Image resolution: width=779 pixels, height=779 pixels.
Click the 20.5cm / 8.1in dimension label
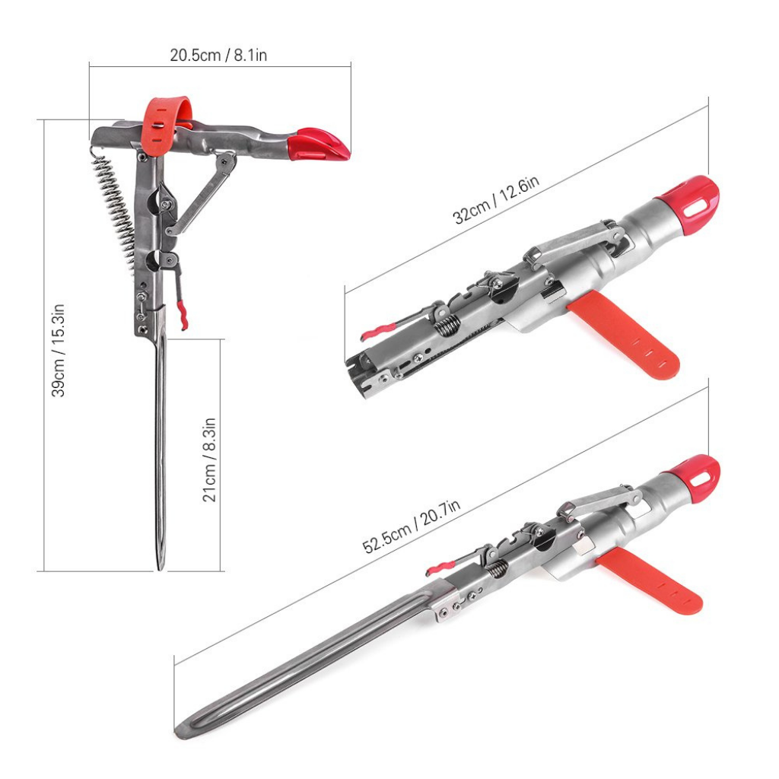coord(218,56)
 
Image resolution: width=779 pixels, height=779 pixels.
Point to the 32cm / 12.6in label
coord(496,199)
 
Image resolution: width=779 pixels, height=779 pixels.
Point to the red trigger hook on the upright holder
coord(182,314)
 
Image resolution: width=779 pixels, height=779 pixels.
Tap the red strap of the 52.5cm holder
coord(651,583)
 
